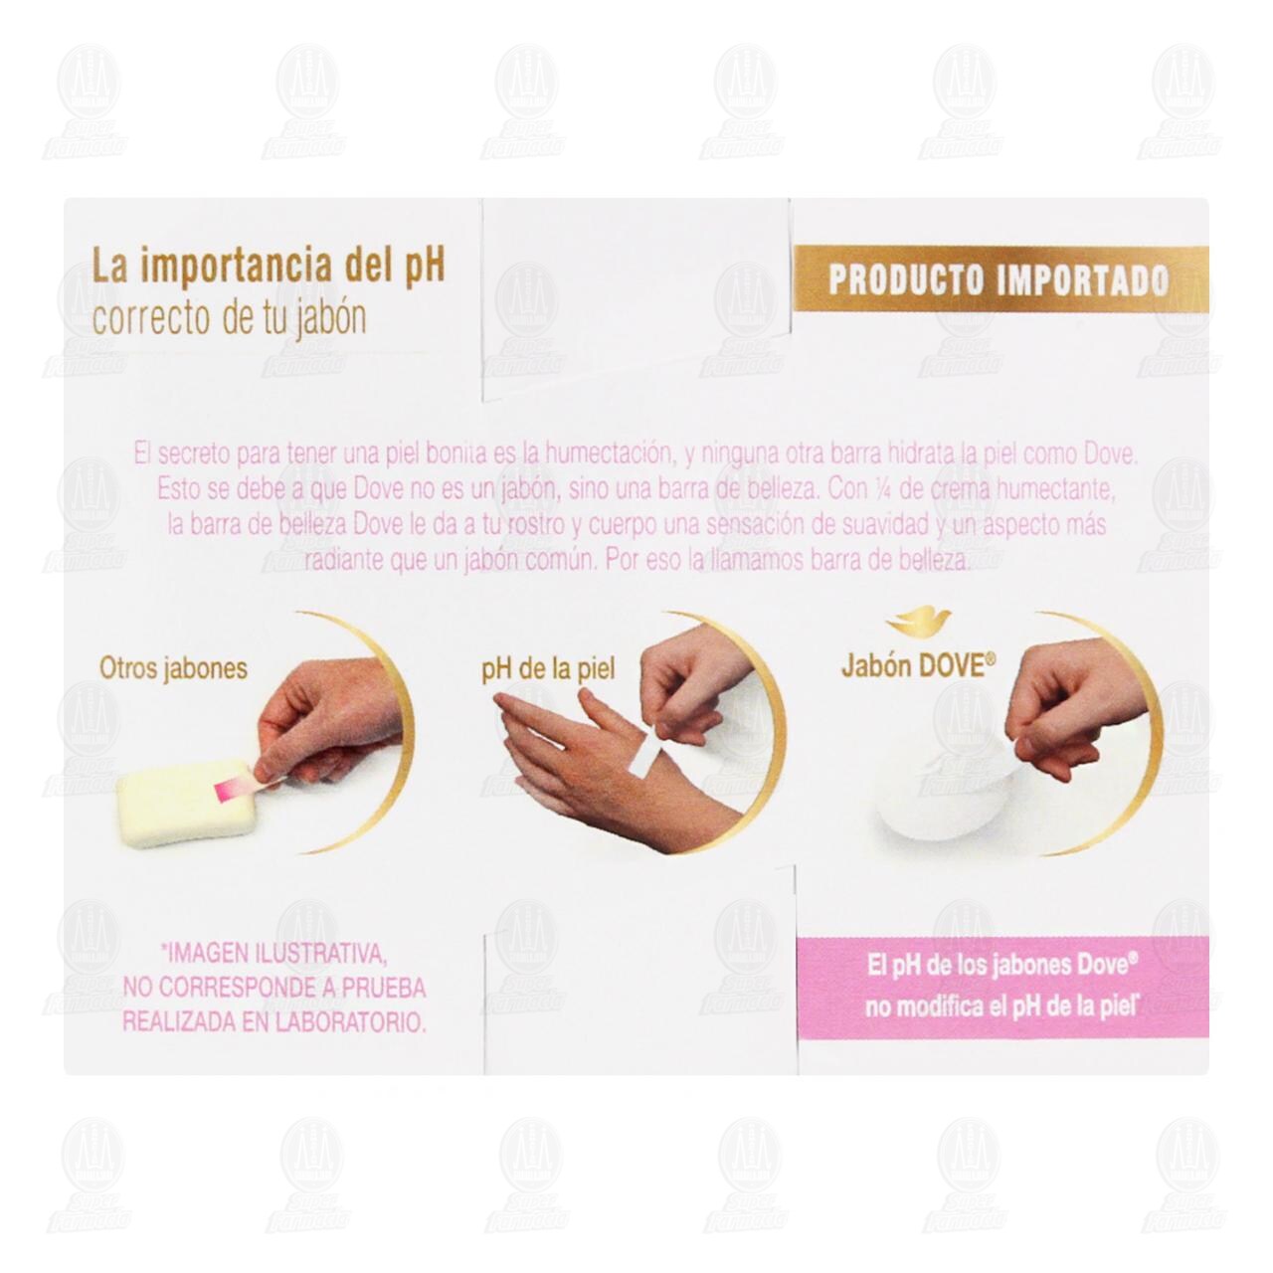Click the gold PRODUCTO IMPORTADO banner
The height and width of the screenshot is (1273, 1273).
[999, 279]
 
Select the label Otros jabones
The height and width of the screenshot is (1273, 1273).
[173, 667]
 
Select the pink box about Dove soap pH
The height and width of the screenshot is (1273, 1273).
[1002, 985]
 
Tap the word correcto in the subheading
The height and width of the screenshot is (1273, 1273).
[138, 320]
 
